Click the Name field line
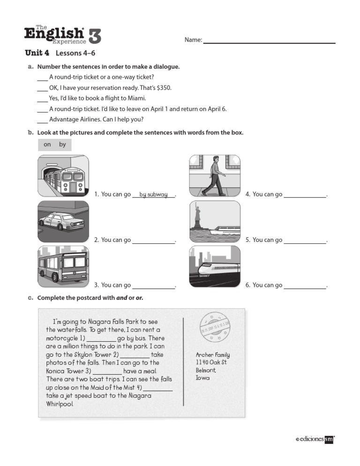point(269,43)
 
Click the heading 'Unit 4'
point(37,53)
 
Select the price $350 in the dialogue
point(164,88)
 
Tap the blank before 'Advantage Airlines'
point(42,120)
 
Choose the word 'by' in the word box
point(62,144)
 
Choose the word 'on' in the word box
point(47,144)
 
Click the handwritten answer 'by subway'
point(153,195)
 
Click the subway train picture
point(63,176)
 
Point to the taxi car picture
point(63,221)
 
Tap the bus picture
point(63,266)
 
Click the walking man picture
point(215,176)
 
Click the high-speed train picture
point(215,266)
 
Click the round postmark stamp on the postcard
point(215,326)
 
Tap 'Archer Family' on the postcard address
point(213,355)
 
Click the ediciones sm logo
point(315,439)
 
